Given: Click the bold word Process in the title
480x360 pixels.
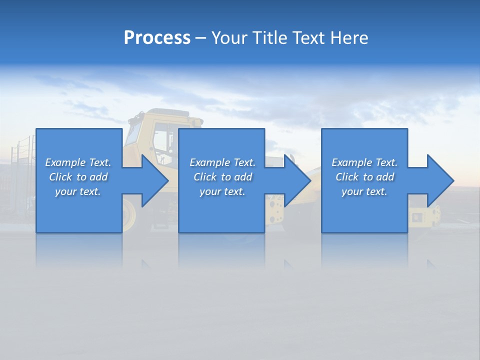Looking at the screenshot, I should point(157,38).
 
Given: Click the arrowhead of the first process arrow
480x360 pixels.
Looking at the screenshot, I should point(155,180).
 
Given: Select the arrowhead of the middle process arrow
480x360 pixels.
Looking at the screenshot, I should point(297,180).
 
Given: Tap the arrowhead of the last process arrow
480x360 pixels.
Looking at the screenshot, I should point(440,180).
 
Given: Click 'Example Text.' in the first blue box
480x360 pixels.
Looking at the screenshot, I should point(78,162).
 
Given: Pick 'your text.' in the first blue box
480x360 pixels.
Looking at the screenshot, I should point(78,191).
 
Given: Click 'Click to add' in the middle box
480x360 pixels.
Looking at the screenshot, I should point(222,177).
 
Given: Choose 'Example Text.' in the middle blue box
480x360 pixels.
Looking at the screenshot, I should point(222,162).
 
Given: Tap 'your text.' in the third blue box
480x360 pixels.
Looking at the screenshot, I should point(364,191).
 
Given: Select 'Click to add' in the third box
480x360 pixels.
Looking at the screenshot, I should point(364,177).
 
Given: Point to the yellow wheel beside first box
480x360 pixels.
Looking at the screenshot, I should point(129,214).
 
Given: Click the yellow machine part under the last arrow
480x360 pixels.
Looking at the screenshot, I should point(424,215).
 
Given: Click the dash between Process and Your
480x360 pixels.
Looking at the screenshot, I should point(201,38).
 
